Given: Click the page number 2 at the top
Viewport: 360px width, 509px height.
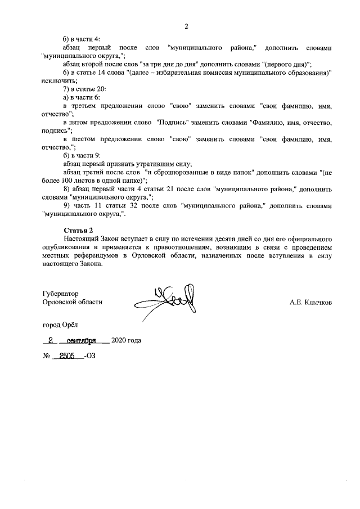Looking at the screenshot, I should (x=186, y=26).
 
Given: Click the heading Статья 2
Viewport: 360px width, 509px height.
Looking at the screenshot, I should (x=77, y=229).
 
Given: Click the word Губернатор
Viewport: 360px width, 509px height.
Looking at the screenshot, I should (x=60, y=294).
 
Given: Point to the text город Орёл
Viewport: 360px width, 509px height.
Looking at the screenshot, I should (x=61, y=325).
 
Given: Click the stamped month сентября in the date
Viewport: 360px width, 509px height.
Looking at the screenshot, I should (x=82, y=340).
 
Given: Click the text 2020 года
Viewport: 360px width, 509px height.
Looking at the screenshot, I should (x=126, y=340).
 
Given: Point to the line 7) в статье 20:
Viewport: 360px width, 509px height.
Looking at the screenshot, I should (x=84, y=89).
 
